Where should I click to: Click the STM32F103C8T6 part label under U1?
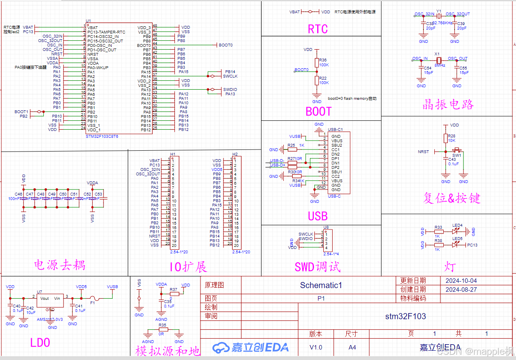pyautogui.click(x=102, y=137)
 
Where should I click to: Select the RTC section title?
pyautogui.click(x=318, y=29)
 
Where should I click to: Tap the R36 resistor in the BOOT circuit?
pyautogui.click(x=317, y=62)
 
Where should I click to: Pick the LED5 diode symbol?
pyautogui.click(x=457, y=245)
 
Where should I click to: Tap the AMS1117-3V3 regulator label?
pyautogui.click(x=50, y=319)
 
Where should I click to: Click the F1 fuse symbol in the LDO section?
pyautogui.click(x=93, y=298)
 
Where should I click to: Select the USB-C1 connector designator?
pyautogui.click(x=335, y=130)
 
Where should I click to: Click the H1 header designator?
pyautogui.click(x=173, y=154)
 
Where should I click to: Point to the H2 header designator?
pyautogui.click(x=235, y=154)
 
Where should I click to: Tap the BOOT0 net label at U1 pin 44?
pyautogui.click(x=225, y=45)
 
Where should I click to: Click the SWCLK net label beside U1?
pyautogui.click(x=230, y=76)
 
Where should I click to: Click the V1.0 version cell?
pyautogui.click(x=316, y=347)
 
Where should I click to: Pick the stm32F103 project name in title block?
pyautogui.click(x=405, y=316)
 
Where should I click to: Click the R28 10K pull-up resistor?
pyautogui.click(x=446, y=138)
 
